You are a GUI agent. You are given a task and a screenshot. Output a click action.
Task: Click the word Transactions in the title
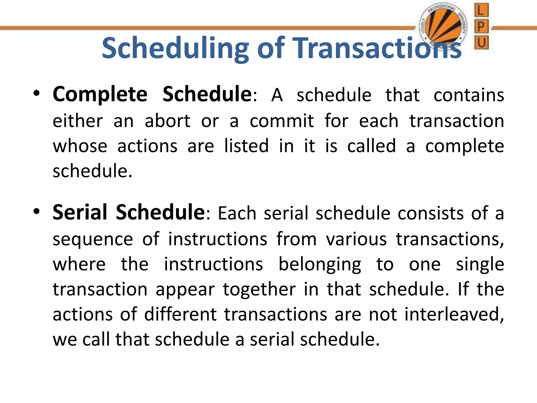(377, 49)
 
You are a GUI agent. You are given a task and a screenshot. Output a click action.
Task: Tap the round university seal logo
(443, 26)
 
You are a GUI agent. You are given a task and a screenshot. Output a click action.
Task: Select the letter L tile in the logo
(481, 10)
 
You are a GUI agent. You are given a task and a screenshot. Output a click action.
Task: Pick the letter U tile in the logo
(481, 42)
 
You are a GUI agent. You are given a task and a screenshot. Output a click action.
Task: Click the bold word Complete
(100, 94)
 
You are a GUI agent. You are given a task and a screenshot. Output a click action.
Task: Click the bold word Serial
(80, 212)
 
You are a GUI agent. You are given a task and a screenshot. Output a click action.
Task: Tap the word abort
(167, 121)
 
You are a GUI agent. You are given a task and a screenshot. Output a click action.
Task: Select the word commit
(281, 121)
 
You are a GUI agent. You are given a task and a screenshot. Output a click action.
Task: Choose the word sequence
(93, 239)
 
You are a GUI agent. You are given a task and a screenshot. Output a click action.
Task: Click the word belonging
(320, 264)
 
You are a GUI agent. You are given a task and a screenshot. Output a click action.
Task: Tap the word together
(259, 289)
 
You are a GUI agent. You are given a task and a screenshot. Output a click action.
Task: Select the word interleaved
(454, 314)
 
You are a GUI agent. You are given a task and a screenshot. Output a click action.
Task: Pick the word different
(180, 314)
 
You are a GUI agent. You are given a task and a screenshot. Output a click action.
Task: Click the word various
(356, 239)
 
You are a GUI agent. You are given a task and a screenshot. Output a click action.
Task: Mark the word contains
(469, 95)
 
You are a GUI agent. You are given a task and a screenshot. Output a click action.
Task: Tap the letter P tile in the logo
(481, 26)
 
